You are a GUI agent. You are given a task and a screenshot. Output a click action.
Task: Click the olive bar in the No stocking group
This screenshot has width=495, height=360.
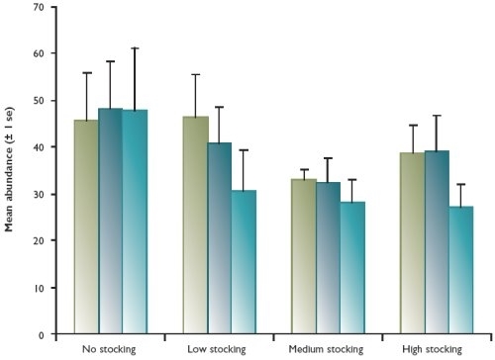click(x=86, y=226)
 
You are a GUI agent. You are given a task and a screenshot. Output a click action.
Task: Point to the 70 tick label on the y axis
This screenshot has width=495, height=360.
click(x=37, y=7)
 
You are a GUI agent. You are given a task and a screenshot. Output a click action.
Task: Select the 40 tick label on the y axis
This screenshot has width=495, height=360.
click(x=37, y=147)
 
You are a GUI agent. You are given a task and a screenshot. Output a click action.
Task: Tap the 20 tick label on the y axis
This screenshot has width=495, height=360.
click(x=37, y=241)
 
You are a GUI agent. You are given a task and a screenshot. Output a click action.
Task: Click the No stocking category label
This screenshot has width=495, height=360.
click(x=110, y=350)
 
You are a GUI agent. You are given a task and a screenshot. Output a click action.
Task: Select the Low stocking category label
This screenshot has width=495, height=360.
click(x=219, y=350)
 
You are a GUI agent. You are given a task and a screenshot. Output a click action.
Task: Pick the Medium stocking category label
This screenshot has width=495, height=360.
click(x=328, y=350)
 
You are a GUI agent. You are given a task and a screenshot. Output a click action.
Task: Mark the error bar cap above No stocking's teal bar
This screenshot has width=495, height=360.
click(x=135, y=47)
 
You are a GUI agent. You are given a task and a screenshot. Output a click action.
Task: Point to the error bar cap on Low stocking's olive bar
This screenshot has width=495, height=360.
click(x=195, y=74)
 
